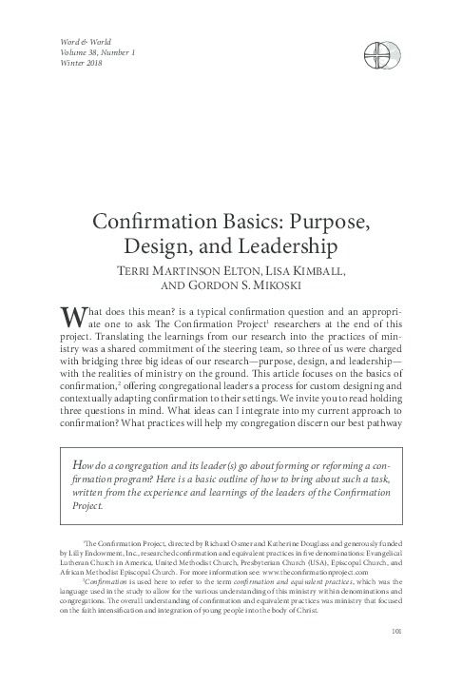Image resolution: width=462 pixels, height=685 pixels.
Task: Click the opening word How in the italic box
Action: (x=83, y=462)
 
